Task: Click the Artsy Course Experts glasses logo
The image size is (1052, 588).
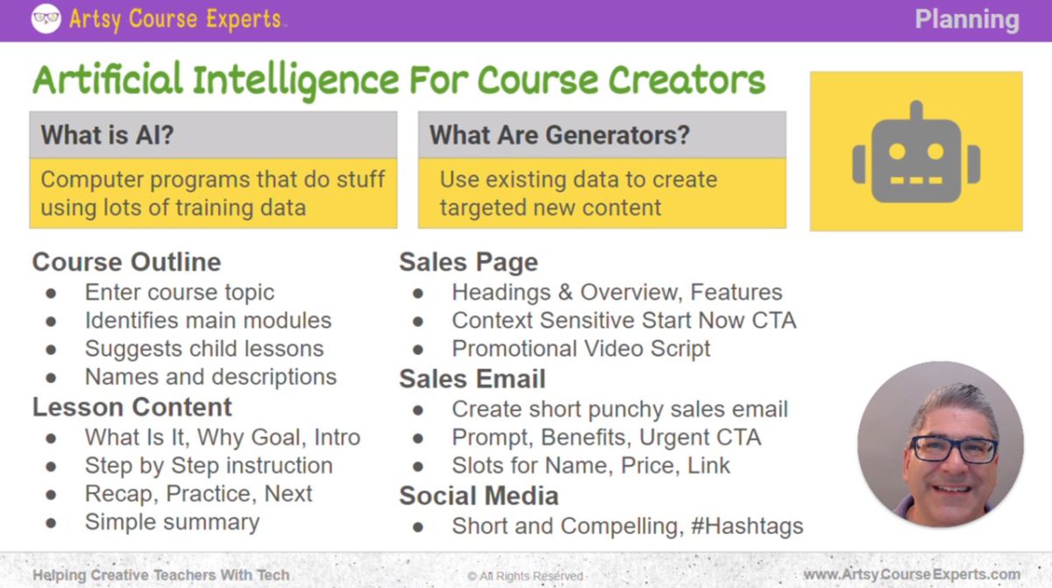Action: coord(46,18)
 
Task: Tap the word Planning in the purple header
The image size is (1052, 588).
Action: coord(967,19)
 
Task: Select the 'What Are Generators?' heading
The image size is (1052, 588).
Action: coord(559,135)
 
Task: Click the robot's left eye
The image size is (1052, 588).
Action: coord(897,151)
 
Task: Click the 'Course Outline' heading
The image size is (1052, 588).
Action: coord(126,262)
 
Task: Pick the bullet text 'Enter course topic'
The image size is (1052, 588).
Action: coord(179,292)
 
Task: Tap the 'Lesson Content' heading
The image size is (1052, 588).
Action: coord(131,407)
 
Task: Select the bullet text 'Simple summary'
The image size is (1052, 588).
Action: coord(172,522)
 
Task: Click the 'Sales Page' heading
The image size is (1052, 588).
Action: coord(468,262)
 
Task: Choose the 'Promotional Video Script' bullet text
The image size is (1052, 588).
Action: coord(581,348)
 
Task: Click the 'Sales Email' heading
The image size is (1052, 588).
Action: coord(472,379)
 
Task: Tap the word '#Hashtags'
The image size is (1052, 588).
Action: coord(748,526)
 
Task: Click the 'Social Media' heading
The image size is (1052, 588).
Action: coord(479,495)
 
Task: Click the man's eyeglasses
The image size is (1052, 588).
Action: coord(953,448)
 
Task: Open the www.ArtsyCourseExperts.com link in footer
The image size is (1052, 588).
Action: coord(912,574)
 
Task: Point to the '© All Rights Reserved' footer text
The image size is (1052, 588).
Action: coord(525,576)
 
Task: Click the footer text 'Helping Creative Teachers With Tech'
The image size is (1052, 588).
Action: coord(160,575)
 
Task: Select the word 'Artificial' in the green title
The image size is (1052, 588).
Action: coord(108,80)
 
